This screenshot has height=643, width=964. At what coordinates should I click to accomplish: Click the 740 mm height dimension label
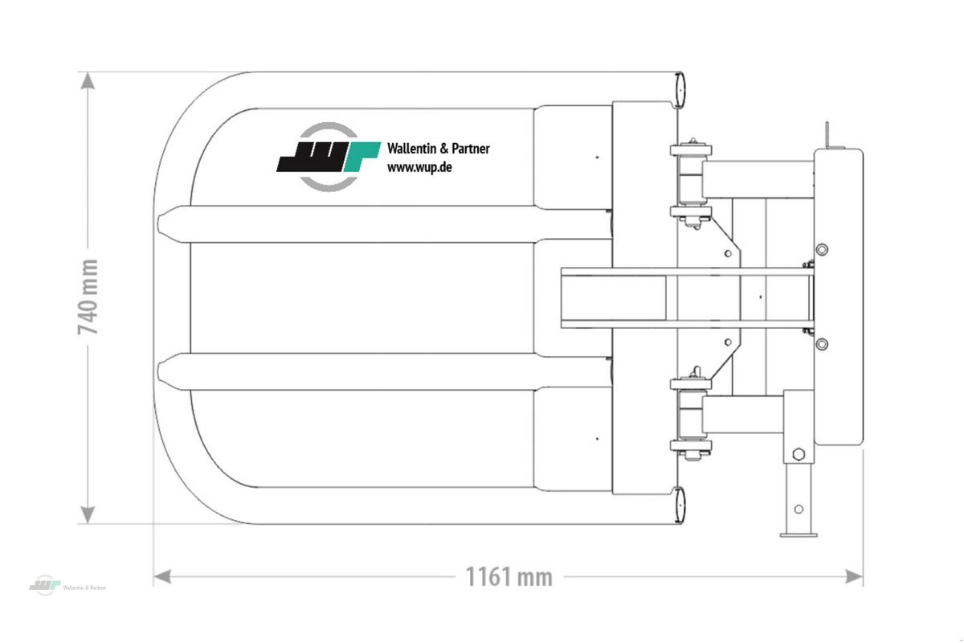[x=88, y=297]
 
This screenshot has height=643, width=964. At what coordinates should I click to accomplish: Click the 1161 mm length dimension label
[x=509, y=576]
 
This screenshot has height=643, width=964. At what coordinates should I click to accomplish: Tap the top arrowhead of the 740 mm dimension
[x=88, y=81]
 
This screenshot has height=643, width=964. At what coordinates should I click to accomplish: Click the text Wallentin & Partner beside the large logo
[x=438, y=149]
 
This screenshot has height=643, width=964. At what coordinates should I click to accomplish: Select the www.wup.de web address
[x=419, y=167]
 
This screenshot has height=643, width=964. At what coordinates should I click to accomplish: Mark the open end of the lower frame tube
[x=679, y=504]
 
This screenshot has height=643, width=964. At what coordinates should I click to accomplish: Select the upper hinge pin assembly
[x=690, y=182]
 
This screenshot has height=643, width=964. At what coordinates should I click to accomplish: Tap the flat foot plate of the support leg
[x=798, y=532]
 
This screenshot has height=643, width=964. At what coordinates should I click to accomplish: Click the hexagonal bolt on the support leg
[x=798, y=455]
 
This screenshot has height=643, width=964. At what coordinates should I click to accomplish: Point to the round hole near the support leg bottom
[x=798, y=509]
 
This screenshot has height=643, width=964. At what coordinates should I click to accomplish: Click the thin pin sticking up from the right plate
[x=826, y=133]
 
